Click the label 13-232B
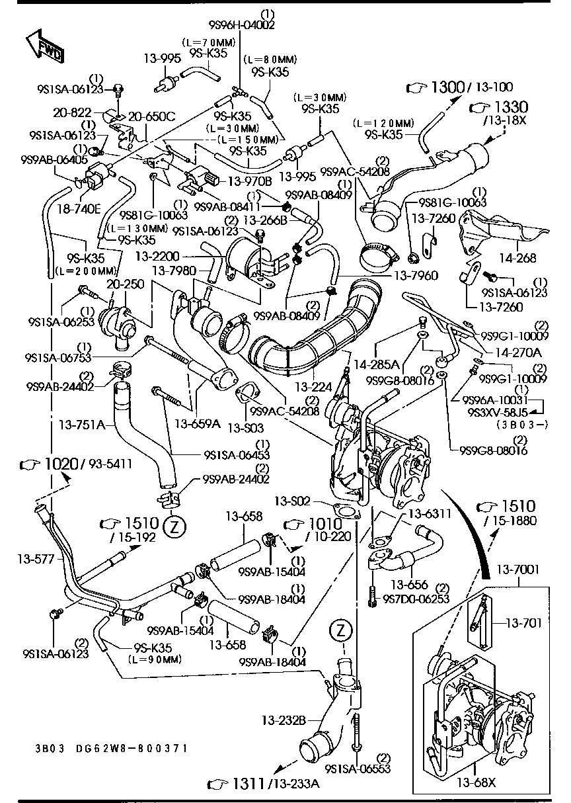tap(282, 719)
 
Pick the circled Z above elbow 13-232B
tap(340, 629)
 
